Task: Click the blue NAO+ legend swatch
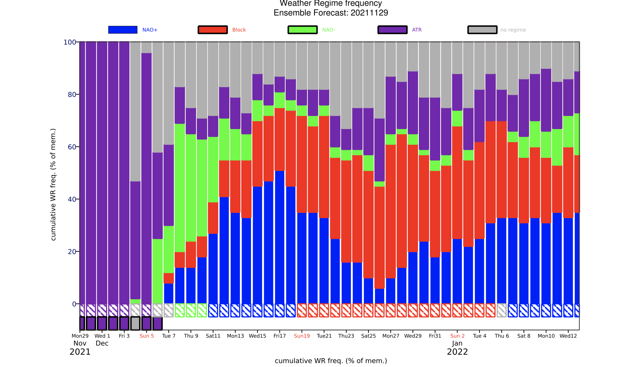tap(123, 30)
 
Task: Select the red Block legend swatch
tap(213, 30)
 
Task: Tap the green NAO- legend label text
tap(329, 30)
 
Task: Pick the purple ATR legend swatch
tap(392, 30)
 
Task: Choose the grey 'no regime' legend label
tap(513, 30)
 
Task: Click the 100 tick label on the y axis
tap(70, 42)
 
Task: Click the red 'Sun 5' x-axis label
tap(147, 336)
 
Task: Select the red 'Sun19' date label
tap(302, 336)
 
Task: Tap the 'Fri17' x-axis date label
tap(280, 336)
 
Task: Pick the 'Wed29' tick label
tap(413, 336)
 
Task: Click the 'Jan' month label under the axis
tap(457, 343)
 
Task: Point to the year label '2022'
tap(457, 352)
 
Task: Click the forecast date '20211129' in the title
tap(369, 13)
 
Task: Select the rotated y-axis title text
tap(53, 184)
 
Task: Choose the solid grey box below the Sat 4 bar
tap(135, 324)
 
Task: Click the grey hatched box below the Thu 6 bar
tap(501, 310)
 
